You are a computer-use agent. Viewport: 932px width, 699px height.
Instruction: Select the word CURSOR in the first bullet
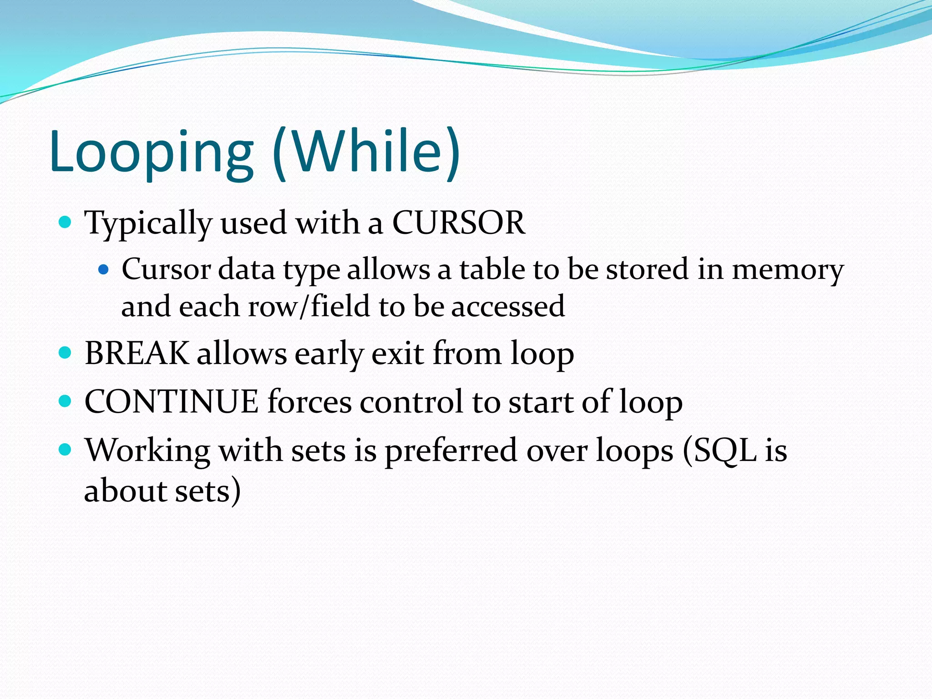click(x=458, y=223)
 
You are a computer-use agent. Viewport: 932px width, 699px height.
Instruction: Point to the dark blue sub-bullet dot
click(x=104, y=270)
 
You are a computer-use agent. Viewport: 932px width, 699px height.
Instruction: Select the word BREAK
click(x=137, y=353)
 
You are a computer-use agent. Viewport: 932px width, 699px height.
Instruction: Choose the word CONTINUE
click(x=172, y=402)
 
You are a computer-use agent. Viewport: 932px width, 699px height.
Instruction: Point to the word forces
click(x=309, y=402)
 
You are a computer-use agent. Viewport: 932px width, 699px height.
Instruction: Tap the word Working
click(x=147, y=451)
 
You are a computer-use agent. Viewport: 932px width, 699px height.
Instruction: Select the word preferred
click(x=451, y=451)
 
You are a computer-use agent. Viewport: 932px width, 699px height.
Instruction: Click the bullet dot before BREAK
click(x=66, y=353)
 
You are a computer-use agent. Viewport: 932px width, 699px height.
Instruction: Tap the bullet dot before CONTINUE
click(x=66, y=401)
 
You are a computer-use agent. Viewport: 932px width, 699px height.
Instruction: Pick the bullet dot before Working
click(x=66, y=450)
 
